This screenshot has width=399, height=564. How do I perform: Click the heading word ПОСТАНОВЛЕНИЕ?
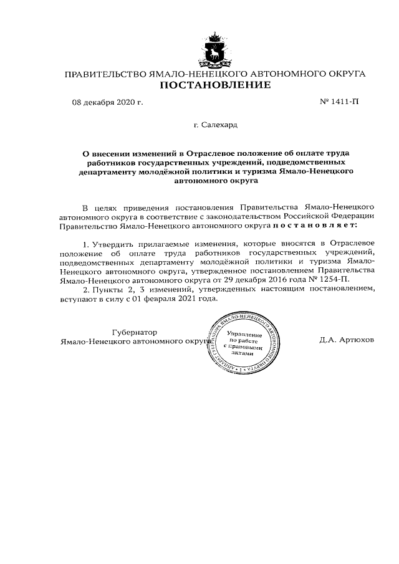tap(216, 85)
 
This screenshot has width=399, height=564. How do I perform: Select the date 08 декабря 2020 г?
tap(107, 102)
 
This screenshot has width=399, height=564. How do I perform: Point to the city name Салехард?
tap(216, 125)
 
